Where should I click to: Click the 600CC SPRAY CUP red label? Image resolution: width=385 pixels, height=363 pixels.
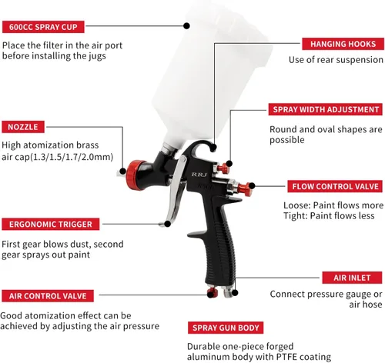[43, 27]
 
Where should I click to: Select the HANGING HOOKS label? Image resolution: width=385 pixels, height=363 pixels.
[343, 44]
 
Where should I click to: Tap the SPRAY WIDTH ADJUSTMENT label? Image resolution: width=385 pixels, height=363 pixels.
[326, 109]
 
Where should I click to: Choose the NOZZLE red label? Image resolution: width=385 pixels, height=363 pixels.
[23, 127]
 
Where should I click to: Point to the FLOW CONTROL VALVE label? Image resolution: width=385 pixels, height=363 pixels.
[335, 186]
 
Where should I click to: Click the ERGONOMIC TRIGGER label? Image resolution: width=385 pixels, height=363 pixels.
[51, 225]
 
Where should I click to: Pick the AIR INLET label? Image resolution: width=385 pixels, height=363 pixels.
[352, 278]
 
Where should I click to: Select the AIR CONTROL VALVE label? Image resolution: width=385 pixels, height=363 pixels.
[48, 296]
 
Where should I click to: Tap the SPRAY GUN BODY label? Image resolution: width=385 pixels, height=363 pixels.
[226, 328]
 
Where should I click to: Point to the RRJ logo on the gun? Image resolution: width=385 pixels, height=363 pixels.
[199, 175]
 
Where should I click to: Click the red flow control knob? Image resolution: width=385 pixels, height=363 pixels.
[244, 189]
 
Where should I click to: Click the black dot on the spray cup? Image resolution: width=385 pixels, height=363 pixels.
[186, 25]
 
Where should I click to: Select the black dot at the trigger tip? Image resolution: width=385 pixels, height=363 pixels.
[167, 224]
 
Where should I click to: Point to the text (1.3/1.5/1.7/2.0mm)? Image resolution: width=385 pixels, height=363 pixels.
[72, 157]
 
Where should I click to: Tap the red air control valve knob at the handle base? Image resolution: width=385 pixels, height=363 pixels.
[213, 292]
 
